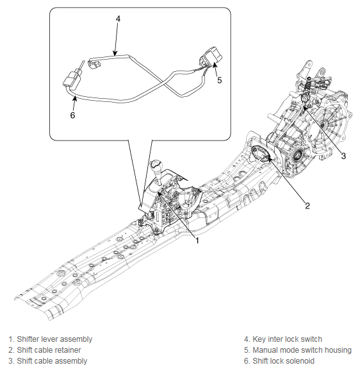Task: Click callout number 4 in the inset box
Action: [118, 18]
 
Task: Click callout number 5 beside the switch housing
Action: [220, 80]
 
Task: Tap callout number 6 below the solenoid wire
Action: [72, 115]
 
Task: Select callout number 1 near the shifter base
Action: [197, 241]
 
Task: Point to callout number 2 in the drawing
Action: [307, 206]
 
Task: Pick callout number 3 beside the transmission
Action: [343, 156]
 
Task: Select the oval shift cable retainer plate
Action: [261, 154]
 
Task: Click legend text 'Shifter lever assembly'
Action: [54, 339]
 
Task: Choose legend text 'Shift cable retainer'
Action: [49, 350]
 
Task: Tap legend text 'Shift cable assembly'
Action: [52, 361]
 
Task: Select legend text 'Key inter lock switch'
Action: [287, 339]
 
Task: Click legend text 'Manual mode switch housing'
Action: [302, 350]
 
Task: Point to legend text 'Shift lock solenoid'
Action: [283, 361]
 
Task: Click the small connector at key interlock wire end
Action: [94, 63]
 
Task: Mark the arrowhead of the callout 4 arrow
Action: [115, 53]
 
